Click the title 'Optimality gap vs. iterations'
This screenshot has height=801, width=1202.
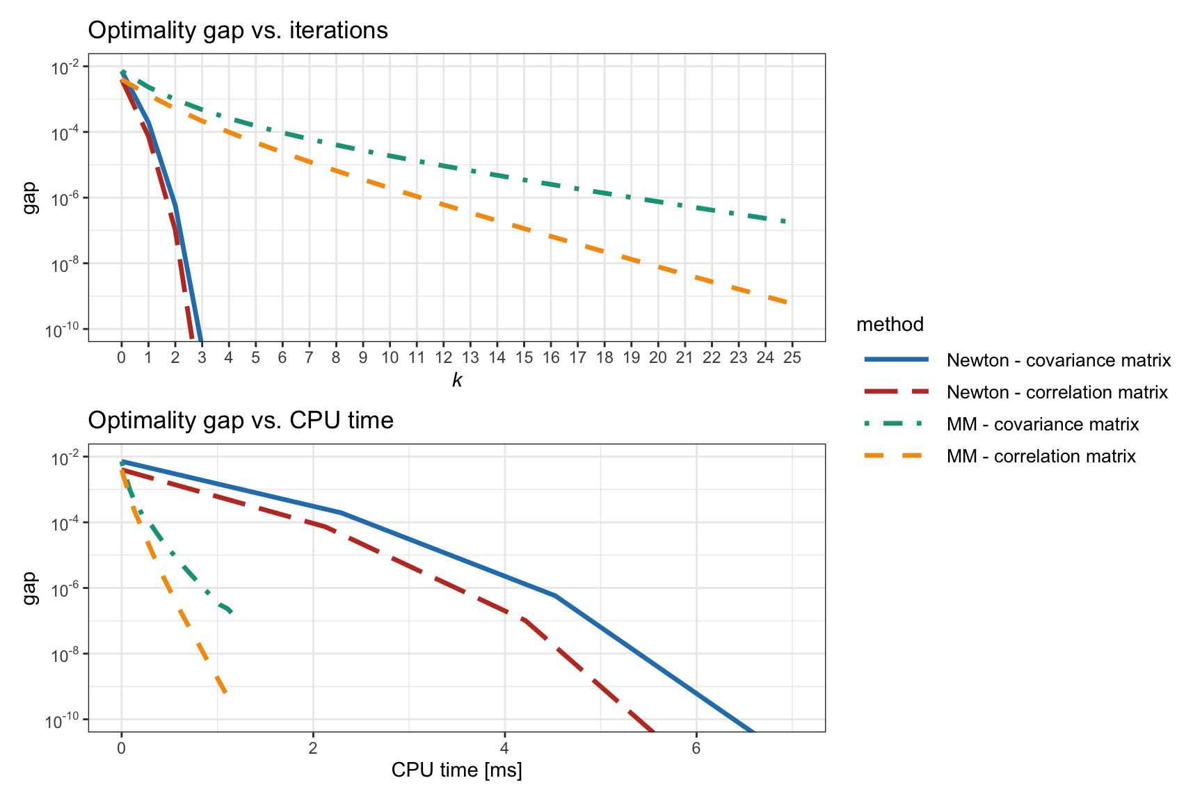click(x=238, y=31)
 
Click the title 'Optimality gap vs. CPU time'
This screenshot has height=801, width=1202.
click(x=241, y=421)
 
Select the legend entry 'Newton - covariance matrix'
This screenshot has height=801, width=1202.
click(x=1058, y=360)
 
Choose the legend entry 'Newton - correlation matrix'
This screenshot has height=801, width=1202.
click(x=1057, y=392)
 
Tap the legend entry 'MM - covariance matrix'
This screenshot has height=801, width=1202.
click(x=1042, y=424)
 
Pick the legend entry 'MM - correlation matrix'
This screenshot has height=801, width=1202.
click(x=1041, y=456)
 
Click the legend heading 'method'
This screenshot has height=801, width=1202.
click(x=890, y=324)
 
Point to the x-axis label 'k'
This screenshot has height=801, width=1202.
click(x=457, y=380)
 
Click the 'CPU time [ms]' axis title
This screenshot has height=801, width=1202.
click(x=456, y=770)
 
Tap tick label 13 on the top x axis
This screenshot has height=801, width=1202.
click(x=470, y=357)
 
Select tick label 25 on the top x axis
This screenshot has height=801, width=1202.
click(x=792, y=357)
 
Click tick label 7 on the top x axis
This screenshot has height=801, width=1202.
click(x=309, y=357)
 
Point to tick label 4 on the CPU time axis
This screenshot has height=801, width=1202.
click(x=504, y=748)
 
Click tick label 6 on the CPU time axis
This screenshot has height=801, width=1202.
click(x=696, y=748)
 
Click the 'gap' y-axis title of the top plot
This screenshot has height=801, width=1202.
click(x=29, y=197)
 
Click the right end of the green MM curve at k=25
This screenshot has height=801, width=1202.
click(x=786, y=222)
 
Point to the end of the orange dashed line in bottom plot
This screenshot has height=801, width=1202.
click(x=225, y=693)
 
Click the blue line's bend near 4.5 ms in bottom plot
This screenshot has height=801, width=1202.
click(x=555, y=596)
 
